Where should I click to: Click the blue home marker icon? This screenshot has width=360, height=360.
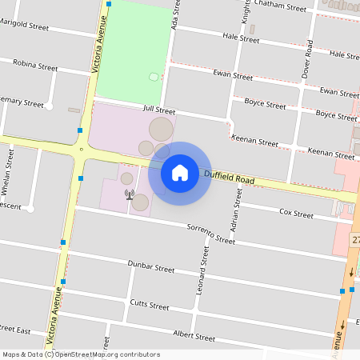tap(180, 173)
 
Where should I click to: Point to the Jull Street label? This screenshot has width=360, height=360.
tap(158, 110)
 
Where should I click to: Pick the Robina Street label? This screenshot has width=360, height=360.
tap(35, 64)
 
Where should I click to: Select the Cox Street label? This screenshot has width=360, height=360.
tap(296, 214)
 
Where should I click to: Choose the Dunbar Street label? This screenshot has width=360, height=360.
tap(150, 266)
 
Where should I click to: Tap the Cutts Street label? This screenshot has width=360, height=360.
tap(149, 305)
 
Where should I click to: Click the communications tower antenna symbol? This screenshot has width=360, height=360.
tap(127, 193)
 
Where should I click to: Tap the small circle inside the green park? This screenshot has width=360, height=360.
tap(154, 77)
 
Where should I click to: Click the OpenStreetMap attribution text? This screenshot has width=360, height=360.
tap(81, 354)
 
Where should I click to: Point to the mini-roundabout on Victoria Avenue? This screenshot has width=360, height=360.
tap(82, 149)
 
